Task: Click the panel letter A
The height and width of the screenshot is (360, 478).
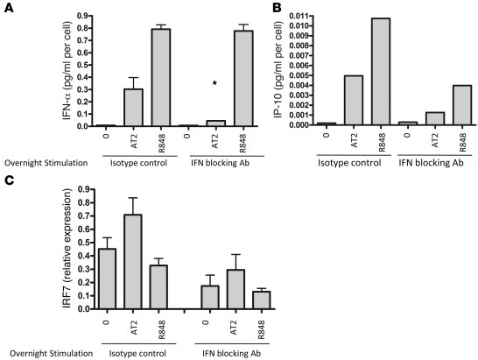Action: [x=9, y=9]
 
